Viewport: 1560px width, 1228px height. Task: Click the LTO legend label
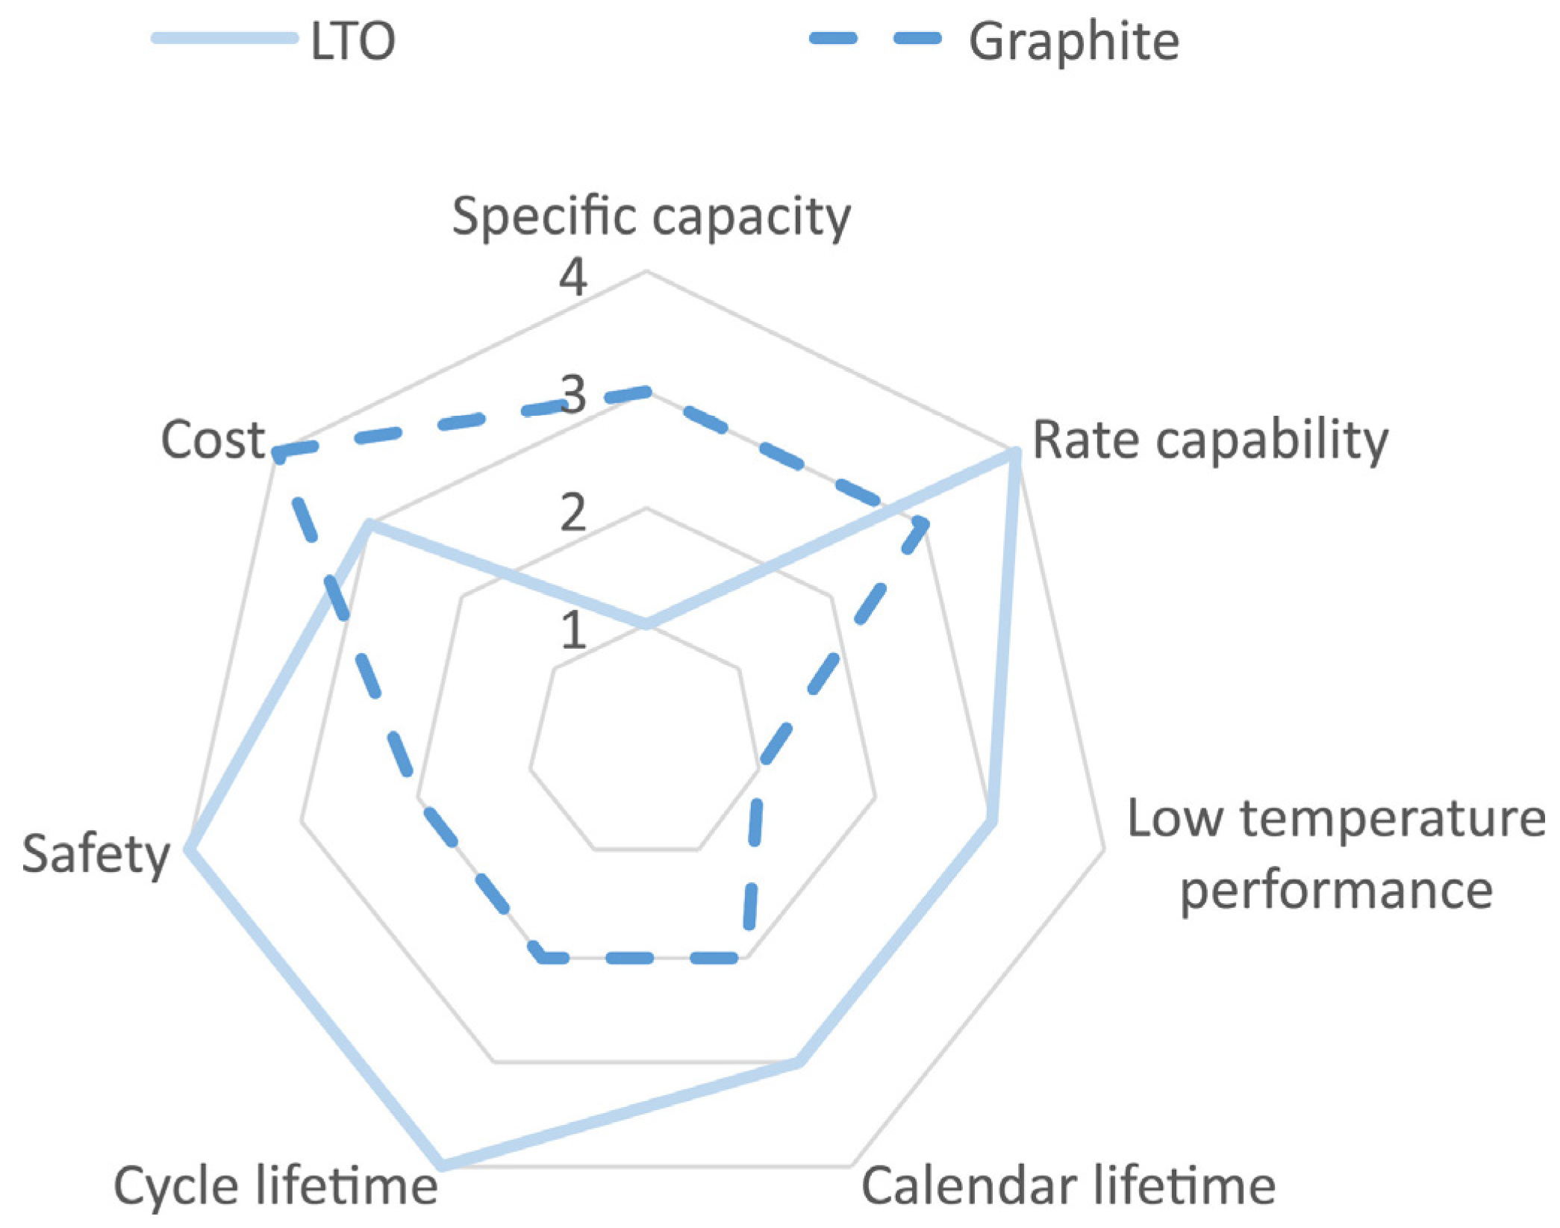click(352, 41)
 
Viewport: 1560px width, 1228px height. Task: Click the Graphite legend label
click(1073, 41)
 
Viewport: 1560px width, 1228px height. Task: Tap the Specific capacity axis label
click(651, 216)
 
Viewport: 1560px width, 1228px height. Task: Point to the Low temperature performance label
click(1335, 853)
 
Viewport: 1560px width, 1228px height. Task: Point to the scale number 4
click(572, 278)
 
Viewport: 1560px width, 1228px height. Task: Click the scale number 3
click(572, 396)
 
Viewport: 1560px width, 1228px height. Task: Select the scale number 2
click(572, 514)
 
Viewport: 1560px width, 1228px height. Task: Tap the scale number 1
click(572, 631)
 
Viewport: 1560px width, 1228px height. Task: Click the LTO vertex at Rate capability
click(1014, 452)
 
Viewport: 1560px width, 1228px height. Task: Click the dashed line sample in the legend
click(876, 39)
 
